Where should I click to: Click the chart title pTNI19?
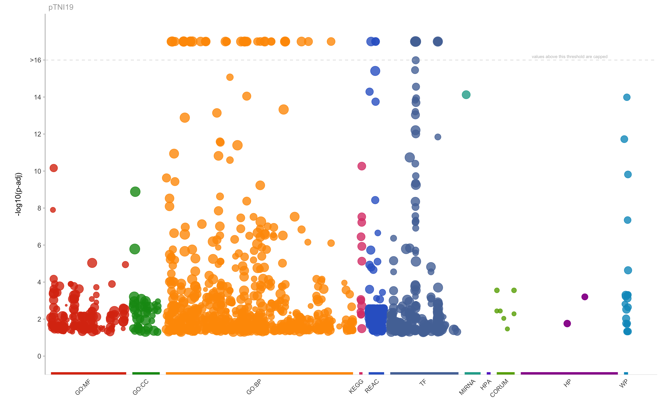61,7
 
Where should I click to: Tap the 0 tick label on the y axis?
39,356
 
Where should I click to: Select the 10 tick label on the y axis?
37,171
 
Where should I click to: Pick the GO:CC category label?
140,387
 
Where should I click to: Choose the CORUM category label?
499,388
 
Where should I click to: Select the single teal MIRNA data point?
466,95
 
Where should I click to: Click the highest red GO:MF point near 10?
54,168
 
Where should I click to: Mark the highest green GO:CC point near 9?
135,192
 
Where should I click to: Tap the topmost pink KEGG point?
362,166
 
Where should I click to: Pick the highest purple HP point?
585,297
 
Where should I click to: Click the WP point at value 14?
626,97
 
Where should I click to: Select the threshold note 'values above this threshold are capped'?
569,57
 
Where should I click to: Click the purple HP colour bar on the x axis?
569,373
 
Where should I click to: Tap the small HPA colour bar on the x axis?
489,373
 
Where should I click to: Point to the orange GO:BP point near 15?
230,77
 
